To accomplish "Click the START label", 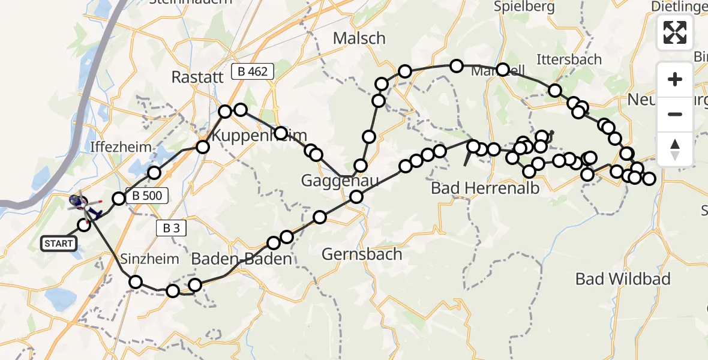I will click(x=59, y=244).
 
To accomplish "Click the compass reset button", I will click(x=675, y=149).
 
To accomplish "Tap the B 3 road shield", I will click(x=170, y=227).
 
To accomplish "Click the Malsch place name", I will click(x=359, y=38).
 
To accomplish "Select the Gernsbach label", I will click(x=361, y=254).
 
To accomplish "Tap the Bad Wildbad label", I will click(x=623, y=279).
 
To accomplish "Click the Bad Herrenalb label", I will click(x=485, y=188).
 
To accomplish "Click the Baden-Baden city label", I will click(x=241, y=259).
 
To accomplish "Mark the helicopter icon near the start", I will click(x=79, y=201).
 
